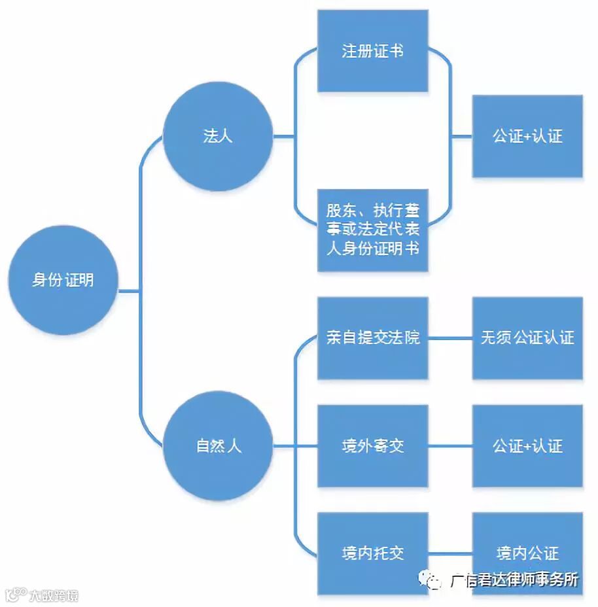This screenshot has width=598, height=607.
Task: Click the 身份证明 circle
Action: point(63,279)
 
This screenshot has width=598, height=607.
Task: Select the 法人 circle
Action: point(217,137)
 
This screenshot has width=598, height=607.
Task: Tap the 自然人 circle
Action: point(217,446)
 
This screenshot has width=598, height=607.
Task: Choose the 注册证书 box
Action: point(372,51)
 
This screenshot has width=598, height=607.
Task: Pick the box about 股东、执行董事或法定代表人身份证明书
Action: point(372,230)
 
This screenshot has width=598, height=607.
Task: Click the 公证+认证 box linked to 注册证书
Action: point(527,136)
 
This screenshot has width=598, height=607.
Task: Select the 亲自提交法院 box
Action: point(372,338)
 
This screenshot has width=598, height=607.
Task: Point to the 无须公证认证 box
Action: point(527,338)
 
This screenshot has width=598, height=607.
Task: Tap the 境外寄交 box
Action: point(372,446)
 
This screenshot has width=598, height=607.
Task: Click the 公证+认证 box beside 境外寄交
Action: point(527,446)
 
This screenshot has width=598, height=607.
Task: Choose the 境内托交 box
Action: point(372,553)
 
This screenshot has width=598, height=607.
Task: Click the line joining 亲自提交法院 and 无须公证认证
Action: point(450,338)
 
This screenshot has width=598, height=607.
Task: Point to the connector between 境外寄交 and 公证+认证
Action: point(450,446)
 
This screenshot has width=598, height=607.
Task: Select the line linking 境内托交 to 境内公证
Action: point(450,553)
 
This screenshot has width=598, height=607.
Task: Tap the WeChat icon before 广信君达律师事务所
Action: point(435,580)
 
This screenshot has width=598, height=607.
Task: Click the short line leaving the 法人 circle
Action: point(283,137)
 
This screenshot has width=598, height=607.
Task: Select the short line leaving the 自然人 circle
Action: point(283,446)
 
